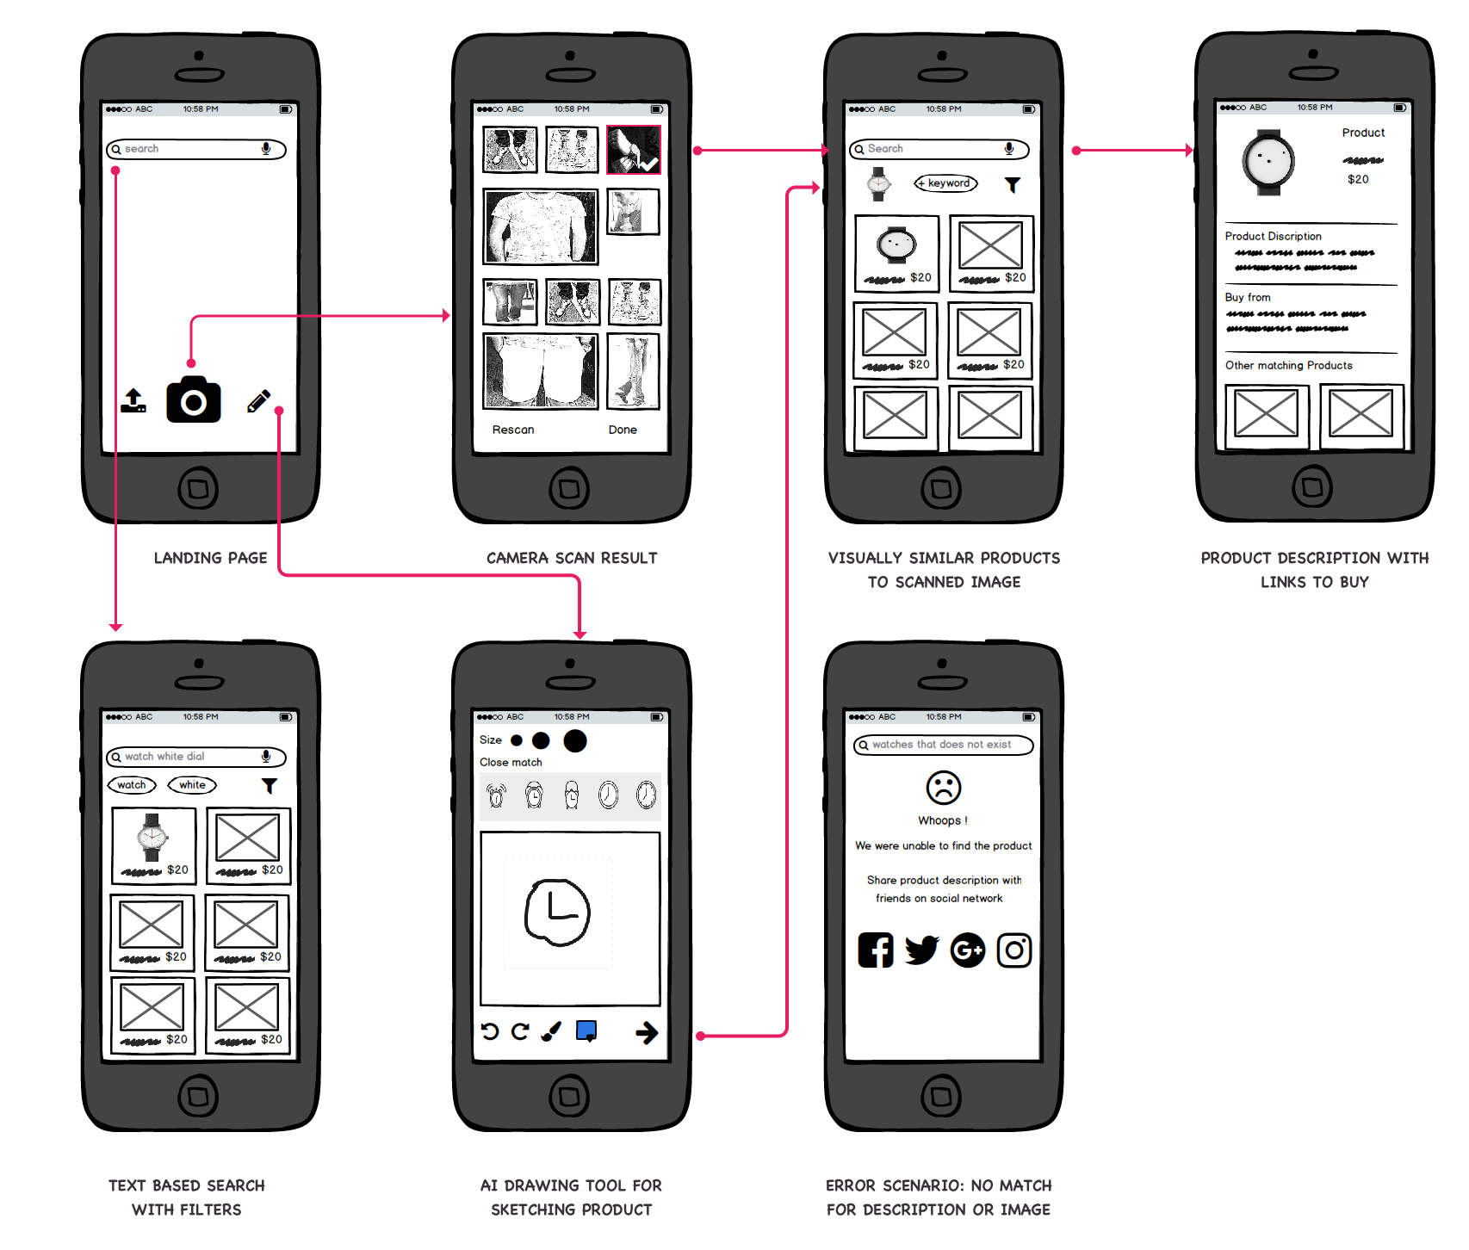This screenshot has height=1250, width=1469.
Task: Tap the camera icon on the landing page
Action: click(x=194, y=400)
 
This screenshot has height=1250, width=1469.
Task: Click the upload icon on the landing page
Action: click(x=133, y=401)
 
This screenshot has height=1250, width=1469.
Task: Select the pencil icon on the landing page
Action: click(x=258, y=401)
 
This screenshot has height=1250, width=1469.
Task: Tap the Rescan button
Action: click(x=513, y=430)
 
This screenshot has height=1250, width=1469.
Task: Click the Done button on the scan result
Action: click(x=623, y=430)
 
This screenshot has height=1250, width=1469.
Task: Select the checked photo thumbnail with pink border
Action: click(x=634, y=150)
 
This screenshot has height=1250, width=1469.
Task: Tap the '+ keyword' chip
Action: click(x=945, y=183)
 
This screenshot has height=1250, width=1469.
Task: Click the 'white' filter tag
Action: click(x=192, y=785)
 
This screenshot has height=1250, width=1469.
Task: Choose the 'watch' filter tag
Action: click(x=132, y=785)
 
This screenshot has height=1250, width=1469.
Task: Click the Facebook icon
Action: click(x=876, y=950)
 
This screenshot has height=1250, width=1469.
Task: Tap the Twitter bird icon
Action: click(x=921, y=950)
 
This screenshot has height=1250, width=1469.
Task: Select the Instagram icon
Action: click(x=1014, y=950)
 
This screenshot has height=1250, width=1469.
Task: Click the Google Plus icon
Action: click(x=968, y=950)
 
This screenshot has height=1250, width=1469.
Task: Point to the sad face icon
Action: click(x=943, y=788)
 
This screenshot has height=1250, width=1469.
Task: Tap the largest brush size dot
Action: click(x=575, y=740)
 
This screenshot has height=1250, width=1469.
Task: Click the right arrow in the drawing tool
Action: click(x=647, y=1032)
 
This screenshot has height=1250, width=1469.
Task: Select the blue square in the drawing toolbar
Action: click(x=586, y=1030)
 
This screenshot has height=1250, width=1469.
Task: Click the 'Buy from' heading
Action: click(x=1248, y=297)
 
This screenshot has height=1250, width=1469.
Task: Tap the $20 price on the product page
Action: click(x=1358, y=179)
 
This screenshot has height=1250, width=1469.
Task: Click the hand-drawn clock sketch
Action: click(x=557, y=913)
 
